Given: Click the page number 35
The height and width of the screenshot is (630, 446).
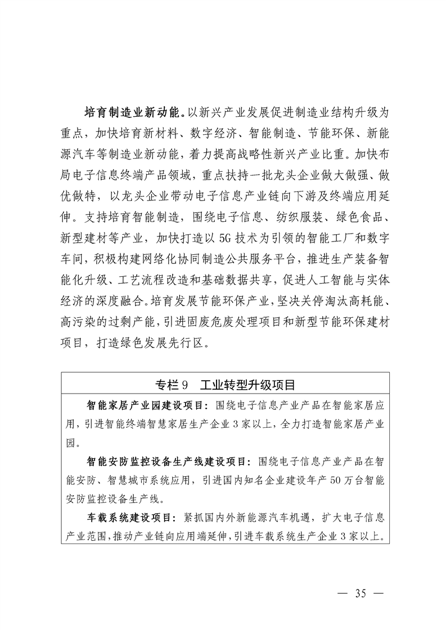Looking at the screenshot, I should coord(361,593).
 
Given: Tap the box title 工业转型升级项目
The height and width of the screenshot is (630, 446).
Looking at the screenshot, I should coord(244,385).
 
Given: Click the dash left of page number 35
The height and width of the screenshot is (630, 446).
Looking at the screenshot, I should coord(343,593).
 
